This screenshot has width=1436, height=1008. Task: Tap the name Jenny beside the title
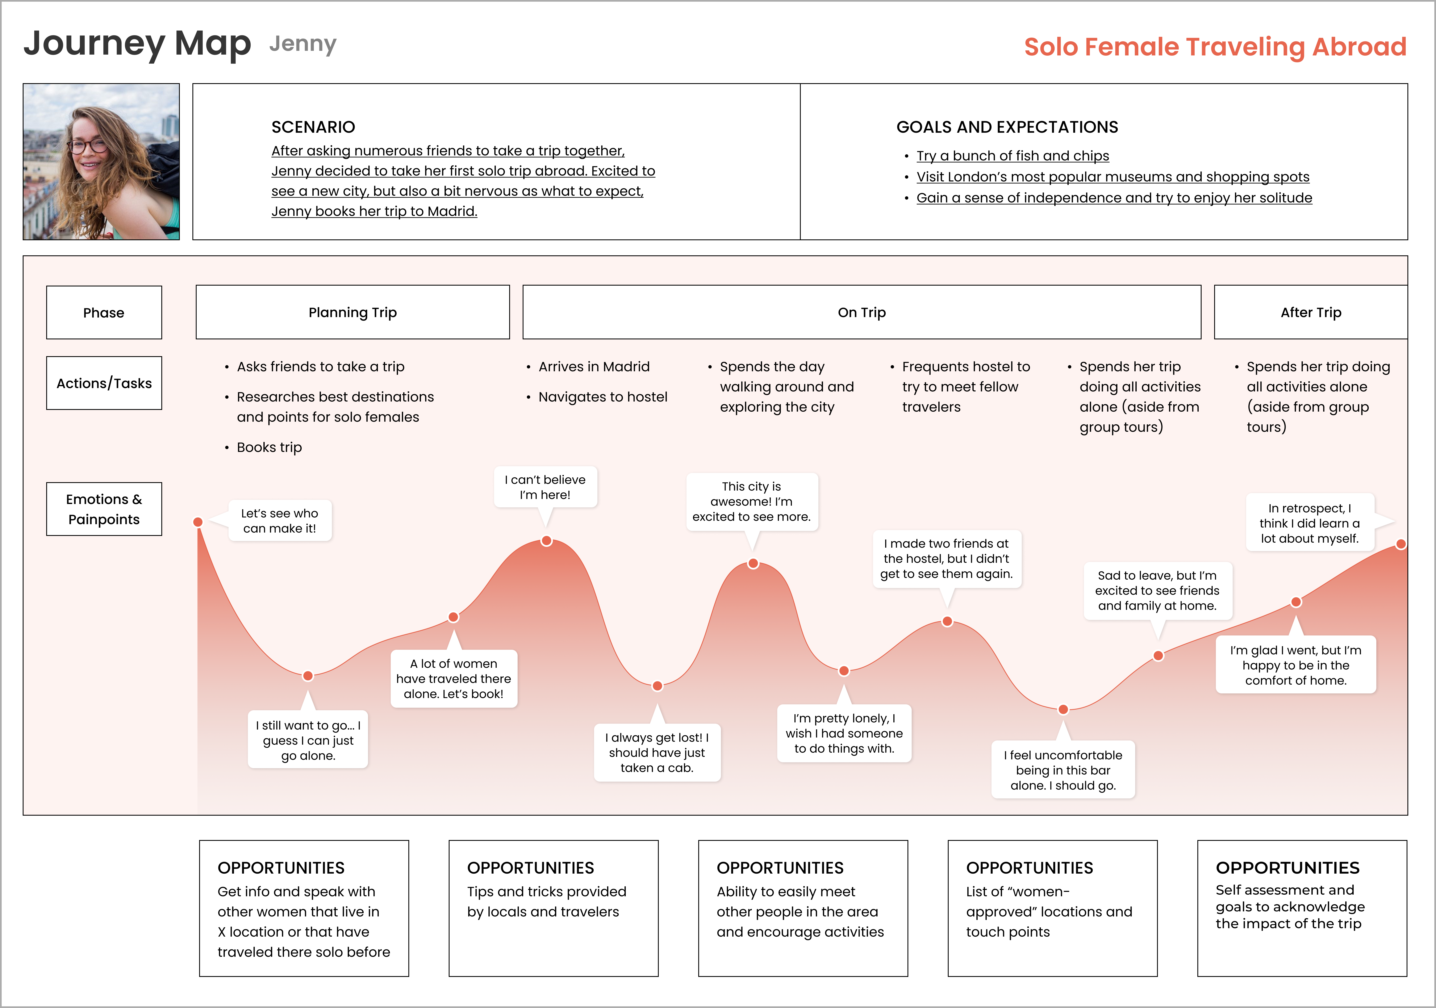coord(303,44)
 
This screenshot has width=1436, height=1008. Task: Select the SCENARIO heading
coord(313,127)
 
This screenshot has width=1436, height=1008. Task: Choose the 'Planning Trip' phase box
coord(353,312)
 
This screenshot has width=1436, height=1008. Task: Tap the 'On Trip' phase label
coord(861,312)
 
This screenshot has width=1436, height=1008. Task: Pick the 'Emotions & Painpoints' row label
coord(104,509)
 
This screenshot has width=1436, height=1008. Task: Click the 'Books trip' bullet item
coord(269,447)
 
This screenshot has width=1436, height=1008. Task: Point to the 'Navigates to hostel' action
coord(602,397)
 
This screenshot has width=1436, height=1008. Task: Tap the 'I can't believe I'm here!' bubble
coord(545,487)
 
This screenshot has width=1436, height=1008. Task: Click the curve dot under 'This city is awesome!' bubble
coord(753,563)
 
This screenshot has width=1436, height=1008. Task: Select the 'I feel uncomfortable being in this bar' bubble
coord(1063,770)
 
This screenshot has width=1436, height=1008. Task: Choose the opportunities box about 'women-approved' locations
coord(1052,908)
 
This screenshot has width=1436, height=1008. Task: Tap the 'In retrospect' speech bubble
coord(1310,523)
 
